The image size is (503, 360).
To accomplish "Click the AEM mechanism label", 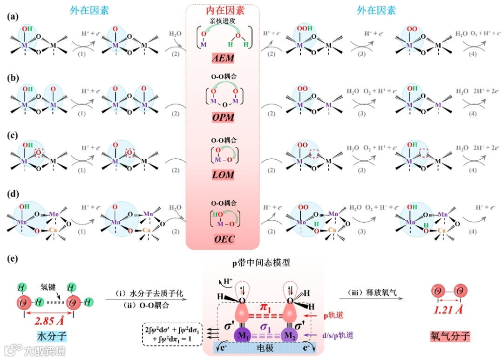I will (222, 59).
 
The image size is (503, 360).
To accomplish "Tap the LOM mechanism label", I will (222, 175).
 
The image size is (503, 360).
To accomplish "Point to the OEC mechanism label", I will (222, 239).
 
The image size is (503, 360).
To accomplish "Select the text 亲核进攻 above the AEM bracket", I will (222, 20).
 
